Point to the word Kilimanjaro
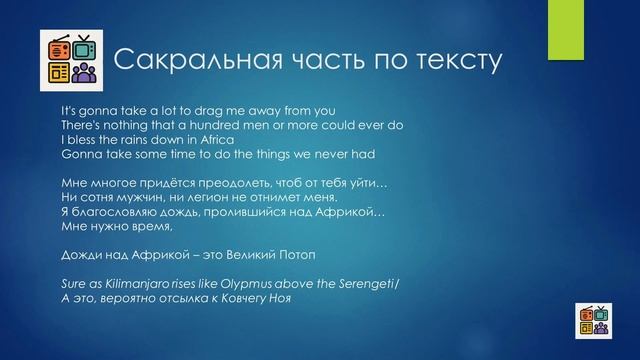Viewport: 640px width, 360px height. (x=128, y=281)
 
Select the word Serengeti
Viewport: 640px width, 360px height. (x=361, y=281)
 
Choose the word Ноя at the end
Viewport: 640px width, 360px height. (x=285, y=297)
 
